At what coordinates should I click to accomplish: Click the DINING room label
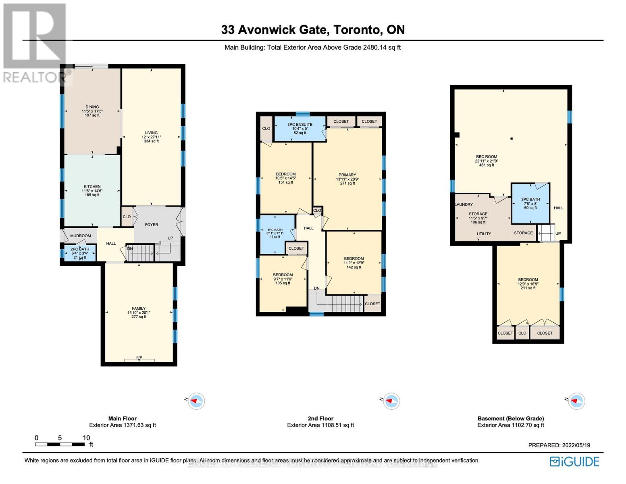(x=92, y=107)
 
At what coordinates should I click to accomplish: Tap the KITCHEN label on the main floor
(x=92, y=187)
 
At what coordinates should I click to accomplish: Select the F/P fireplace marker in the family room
(x=139, y=358)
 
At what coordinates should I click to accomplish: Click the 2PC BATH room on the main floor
(x=79, y=253)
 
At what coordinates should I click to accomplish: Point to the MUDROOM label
(x=81, y=236)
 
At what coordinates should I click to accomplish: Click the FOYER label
(x=152, y=225)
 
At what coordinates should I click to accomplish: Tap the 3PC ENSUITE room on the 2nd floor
(x=299, y=129)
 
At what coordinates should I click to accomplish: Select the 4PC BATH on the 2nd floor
(x=275, y=233)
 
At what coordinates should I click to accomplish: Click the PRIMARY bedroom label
(x=347, y=175)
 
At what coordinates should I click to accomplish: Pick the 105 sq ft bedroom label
(x=283, y=279)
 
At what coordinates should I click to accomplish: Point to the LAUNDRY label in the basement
(x=464, y=204)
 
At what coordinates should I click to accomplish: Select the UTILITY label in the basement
(x=484, y=234)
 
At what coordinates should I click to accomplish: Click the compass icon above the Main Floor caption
(x=196, y=401)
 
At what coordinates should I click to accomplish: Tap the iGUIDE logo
(x=575, y=461)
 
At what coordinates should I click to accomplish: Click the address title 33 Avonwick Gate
(x=313, y=30)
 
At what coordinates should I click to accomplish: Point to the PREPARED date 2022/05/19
(x=559, y=445)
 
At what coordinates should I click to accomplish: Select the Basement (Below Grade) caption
(x=511, y=419)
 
